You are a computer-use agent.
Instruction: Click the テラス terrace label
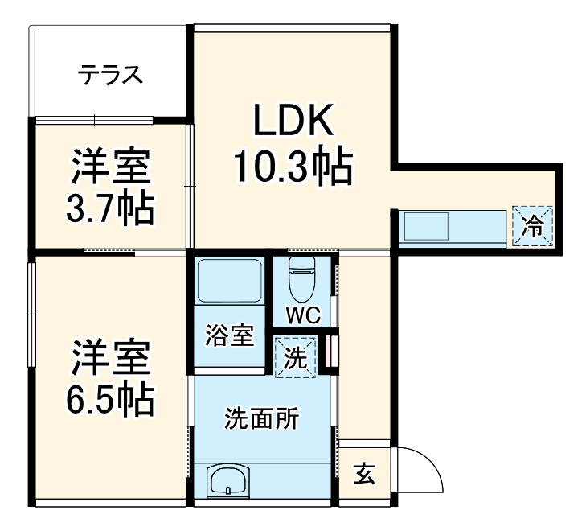[x=110, y=76]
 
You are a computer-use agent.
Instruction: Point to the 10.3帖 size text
[x=293, y=167]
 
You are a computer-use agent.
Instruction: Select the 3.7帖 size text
[x=110, y=210]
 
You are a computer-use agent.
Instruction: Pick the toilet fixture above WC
[x=301, y=278]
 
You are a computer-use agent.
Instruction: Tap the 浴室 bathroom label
[x=230, y=335]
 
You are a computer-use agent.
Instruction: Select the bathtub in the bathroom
[x=230, y=282]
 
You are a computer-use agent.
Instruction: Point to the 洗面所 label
[x=262, y=419]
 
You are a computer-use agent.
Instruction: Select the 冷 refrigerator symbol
[x=532, y=226]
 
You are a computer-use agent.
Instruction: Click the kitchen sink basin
[x=426, y=226]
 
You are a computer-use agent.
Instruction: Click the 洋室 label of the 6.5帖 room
[x=110, y=356]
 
